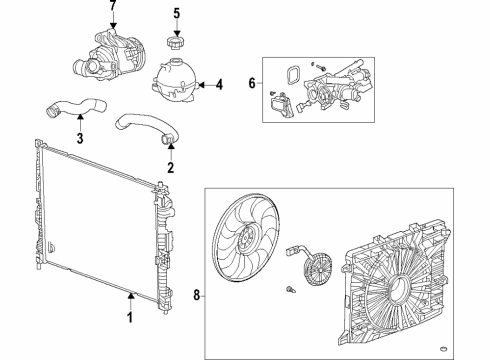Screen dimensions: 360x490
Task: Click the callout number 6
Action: [251, 87]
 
